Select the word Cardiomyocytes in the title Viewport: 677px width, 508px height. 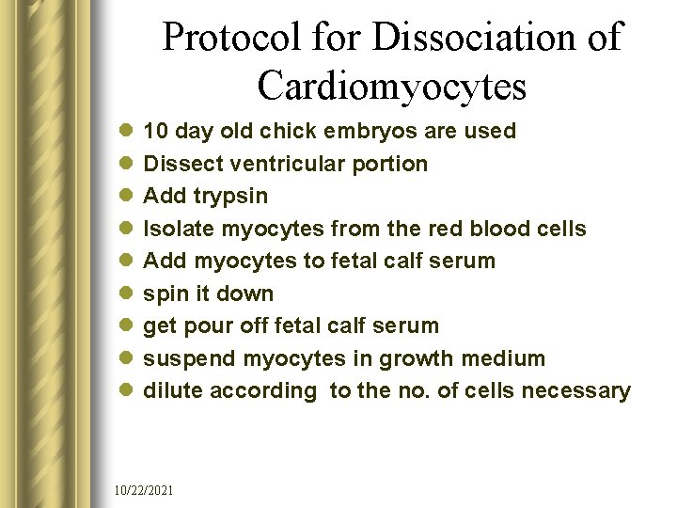pyautogui.click(x=391, y=86)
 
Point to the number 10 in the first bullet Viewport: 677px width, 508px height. pyautogui.click(x=155, y=131)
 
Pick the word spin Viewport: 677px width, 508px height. pyautogui.click(x=163, y=294)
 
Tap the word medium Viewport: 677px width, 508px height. pyautogui.click(x=503, y=358)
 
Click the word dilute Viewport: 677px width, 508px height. pyautogui.click(x=173, y=390)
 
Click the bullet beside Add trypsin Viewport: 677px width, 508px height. pyautogui.click(x=128, y=197)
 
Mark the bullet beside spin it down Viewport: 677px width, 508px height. pyautogui.click(x=128, y=294)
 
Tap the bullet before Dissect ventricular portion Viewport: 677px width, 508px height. pyautogui.click(x=128, y=164)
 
